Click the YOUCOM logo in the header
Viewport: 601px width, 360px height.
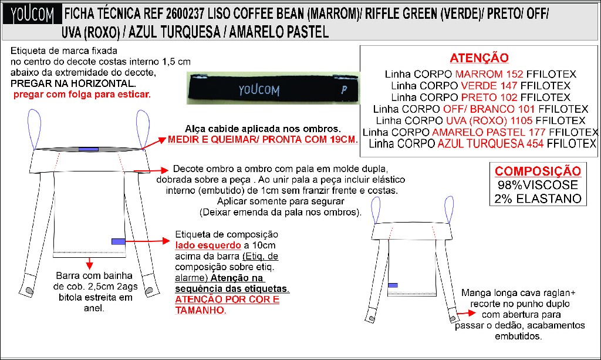[x=32, y=15]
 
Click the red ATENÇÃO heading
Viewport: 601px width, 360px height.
[x=479, y=58]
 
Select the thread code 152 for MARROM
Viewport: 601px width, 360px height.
[x=515, y=74]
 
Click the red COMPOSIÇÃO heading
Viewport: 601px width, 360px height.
[x=538, y=171]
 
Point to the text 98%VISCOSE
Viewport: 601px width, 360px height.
[x=538, y=185]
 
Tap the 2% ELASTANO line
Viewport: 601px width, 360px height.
[x=538, y=198]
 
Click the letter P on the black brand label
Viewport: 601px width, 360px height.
[x=344, y=90]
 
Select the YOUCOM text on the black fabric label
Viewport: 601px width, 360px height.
[x=259, y=90]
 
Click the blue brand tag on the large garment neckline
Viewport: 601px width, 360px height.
[x=89, y=149]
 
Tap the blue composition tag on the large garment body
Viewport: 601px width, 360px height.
[x=118, y=241]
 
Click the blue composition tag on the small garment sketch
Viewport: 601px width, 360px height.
[x=393, y=285]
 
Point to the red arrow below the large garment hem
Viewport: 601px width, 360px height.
[x=89, y=263]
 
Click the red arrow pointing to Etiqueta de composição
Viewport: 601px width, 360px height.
[x=147, y=241]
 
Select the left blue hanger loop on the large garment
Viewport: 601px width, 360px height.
[x=35, y=129]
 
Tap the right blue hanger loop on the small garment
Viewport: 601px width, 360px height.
[x=449, y=209]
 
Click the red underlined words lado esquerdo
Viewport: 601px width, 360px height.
[x=208, y=245]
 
